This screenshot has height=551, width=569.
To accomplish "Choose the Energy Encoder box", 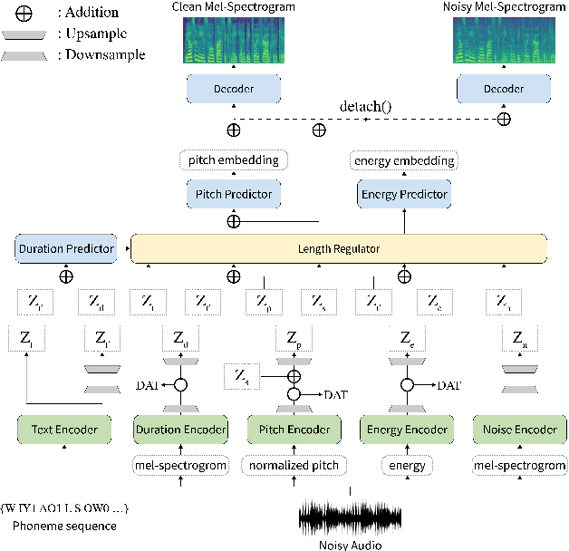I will tap(405, 430).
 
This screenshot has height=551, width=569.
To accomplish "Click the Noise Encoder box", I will tap(520, 430).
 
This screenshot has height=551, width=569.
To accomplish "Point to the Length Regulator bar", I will tap(339, 247).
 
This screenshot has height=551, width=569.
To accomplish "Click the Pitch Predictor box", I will tap(234, 194).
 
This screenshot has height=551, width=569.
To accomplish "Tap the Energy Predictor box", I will tap(405, 194).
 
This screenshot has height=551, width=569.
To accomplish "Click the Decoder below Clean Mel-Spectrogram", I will tap(234, 90).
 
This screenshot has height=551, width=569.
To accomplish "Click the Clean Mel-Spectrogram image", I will tap(233, 40).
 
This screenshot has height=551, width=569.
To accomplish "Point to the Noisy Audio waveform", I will tap(350, 518).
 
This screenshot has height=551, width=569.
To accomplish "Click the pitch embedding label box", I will tap(234, 160).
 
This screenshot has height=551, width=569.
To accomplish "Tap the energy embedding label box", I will tap(404, 160).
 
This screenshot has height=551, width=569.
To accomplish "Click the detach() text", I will tap(365, 106).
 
